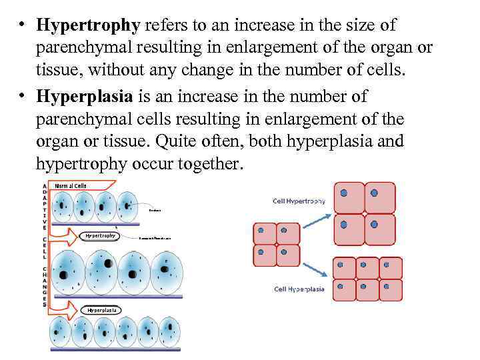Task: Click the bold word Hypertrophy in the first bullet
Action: tap(88, 26)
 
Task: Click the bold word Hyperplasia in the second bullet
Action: tap(86, 97)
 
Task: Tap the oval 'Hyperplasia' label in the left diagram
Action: tap(101, 310)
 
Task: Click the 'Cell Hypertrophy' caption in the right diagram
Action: tap(299, 201)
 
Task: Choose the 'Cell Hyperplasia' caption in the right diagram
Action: tap(299, 289)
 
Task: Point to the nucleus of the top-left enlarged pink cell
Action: tap(343, 193)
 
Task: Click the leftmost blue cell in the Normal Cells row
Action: tap(63, 207)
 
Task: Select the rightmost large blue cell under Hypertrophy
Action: tap(166, 272)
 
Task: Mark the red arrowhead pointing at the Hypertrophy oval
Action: tap(75, 235)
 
